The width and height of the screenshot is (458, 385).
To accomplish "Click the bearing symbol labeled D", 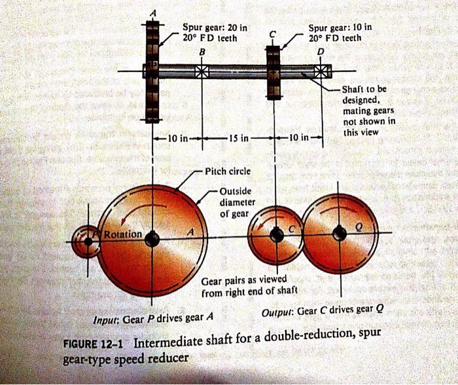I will click(321, 71).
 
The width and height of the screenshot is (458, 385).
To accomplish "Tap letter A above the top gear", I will click(154, 14).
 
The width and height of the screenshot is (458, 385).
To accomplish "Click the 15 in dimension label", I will click(238, 139).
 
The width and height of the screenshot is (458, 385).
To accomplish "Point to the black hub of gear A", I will click(152, 240).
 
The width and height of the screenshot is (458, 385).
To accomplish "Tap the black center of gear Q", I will click(339, 233).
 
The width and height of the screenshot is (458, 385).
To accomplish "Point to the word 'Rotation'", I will click(122, 234).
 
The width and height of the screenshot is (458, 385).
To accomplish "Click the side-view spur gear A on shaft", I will click(152, 72).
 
